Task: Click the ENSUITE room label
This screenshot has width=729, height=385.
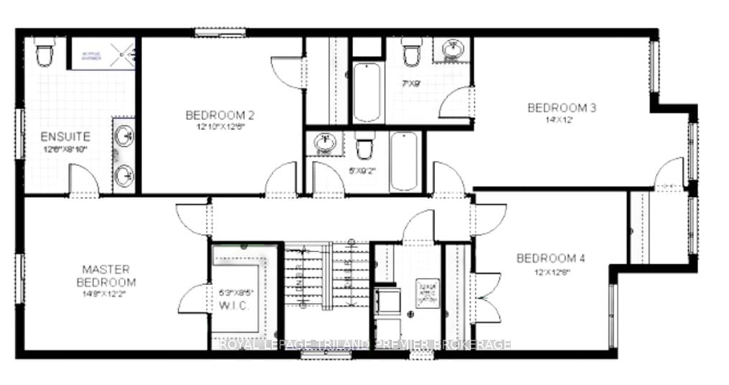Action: [65, 136]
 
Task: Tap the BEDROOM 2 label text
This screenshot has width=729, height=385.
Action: [220, 115]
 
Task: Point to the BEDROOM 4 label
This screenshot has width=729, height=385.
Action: [550, 258]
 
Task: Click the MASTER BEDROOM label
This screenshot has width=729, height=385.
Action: [105, 276]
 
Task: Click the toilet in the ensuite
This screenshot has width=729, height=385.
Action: [45, 53]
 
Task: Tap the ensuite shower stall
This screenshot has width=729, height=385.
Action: [101, 53]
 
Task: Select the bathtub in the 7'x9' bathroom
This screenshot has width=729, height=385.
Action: [367, 92]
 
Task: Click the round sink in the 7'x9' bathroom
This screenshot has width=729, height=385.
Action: [452, 50]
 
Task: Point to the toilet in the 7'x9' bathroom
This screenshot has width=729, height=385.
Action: [411, 54]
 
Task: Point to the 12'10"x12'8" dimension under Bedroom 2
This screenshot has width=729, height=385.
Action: [220, 129]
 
